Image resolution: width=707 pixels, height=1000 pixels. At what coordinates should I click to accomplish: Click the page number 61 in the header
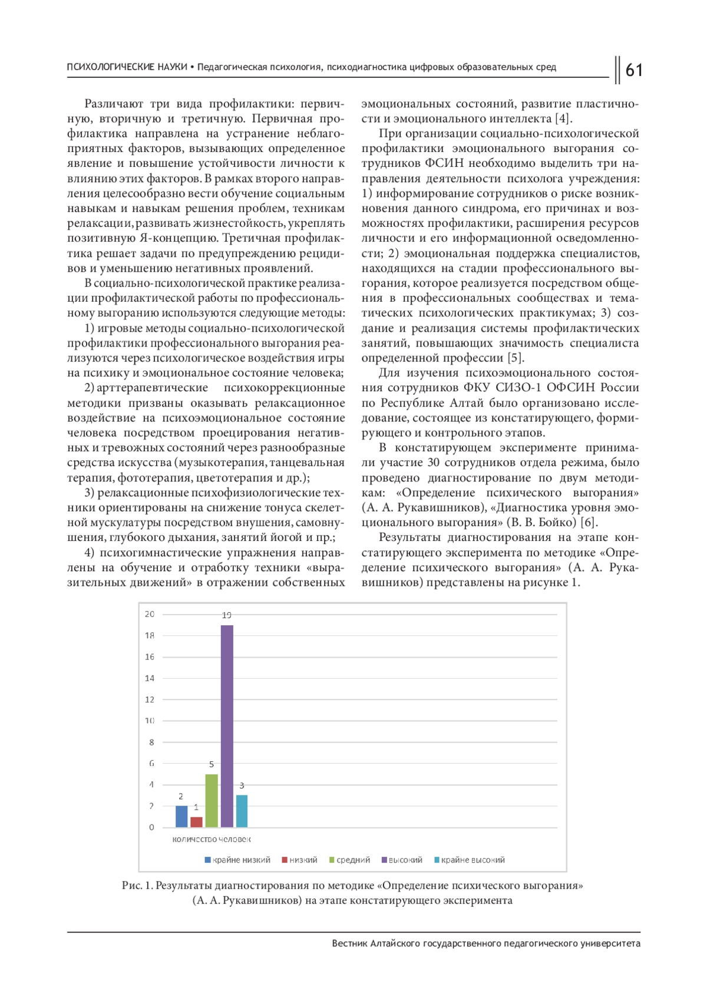(x=633, y=70)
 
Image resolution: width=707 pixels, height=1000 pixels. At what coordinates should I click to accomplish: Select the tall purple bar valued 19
(x=227, y=726)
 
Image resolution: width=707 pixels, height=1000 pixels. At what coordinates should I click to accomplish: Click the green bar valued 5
(x=212, y=801)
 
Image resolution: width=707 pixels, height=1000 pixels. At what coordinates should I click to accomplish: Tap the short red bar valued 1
(x=196, y=822)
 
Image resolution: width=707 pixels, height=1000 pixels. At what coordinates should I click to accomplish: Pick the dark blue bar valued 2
(x=181, y=816)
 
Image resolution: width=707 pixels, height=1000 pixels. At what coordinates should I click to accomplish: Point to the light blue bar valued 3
(x=242, y=811)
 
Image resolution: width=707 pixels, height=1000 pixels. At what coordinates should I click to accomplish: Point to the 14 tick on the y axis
(x=150, y=678)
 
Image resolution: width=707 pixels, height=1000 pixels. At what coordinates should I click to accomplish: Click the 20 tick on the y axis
(x=150, y=614)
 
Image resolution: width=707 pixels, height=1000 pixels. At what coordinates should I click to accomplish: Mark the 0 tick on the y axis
(x=151, y=827)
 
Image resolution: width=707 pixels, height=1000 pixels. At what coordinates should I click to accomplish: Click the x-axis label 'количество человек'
(x=212, y=839)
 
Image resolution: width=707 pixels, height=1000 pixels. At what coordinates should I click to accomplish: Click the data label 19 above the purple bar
(x=227, y=615)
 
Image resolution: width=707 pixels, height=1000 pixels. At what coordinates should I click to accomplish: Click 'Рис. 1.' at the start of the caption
(x=137, y=885)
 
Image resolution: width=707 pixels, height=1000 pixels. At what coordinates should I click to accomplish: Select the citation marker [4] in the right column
(x=563, y=119)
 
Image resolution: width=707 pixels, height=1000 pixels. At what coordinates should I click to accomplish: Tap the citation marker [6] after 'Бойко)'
(x=589, y=523)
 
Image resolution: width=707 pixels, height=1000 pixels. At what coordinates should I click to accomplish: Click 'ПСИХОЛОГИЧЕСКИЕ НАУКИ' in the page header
(x=127, y=67)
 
